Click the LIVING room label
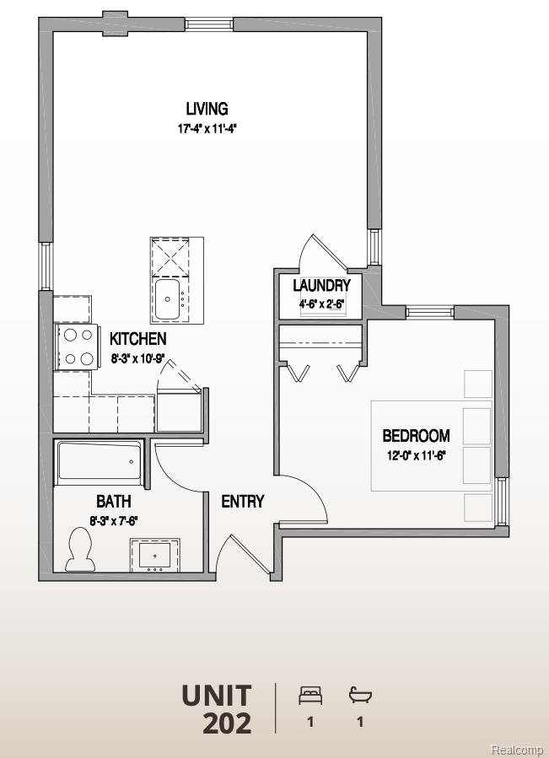tap(207, 109)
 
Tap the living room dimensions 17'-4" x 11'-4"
tap(207, 130)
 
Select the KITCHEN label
tap(137, 339)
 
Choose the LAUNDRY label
tap(321, 286)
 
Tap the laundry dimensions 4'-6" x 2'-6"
tap(321, 304)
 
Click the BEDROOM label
tap(416, 436)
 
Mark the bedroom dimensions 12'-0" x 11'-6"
tap(416, 455)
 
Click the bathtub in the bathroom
tap(100, 462)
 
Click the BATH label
tap(113, 502)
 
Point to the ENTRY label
tap(242, 502)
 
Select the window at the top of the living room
tap(209, 24)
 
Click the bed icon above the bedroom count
tap(310, 696)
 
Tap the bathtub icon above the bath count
tap(360, 696)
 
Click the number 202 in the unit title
tap(226, 723)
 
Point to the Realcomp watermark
tap(518, 750)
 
